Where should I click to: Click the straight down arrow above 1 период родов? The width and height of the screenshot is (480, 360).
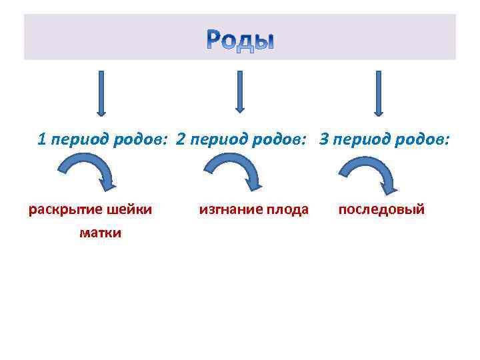102,93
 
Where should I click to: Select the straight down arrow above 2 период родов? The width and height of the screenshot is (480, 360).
240,91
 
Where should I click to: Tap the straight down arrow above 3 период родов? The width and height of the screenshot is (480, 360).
378,93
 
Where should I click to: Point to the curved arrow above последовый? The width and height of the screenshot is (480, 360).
368,173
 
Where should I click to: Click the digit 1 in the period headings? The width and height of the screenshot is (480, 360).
42,139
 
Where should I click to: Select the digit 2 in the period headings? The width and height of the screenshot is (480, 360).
181,139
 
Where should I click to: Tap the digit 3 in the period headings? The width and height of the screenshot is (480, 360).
324,139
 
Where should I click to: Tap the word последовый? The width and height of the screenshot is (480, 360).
381,210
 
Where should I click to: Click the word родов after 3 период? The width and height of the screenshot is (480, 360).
424,140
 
